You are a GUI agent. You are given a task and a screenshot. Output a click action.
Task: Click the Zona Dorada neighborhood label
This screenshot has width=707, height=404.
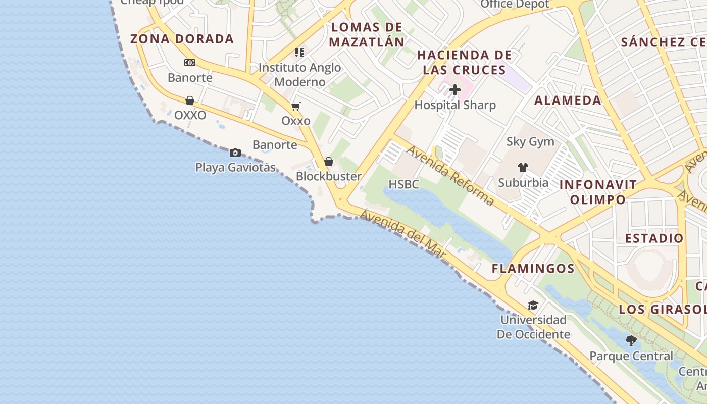coord(182,39)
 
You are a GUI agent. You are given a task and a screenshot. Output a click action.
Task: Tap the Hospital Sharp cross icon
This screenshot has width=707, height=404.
coord(455,90)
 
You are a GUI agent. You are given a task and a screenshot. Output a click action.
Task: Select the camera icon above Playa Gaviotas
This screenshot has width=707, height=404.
coord(235,153)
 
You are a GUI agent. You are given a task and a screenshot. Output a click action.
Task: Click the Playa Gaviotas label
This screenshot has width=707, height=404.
coord(236,167)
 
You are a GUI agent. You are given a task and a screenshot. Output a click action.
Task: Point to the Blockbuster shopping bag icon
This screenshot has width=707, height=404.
coord(329,162)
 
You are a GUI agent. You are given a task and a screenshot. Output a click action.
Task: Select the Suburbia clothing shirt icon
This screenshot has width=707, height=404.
coord(523,168)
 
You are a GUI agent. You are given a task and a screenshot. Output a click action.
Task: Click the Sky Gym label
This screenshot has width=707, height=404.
coord(530,142)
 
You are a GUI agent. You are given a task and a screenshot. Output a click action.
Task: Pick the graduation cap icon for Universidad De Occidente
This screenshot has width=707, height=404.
coord(533,305)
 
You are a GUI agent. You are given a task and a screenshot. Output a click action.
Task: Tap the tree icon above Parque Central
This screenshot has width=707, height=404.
coord(631,341)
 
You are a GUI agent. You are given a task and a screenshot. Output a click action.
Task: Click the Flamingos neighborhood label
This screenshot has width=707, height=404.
coord(533,269)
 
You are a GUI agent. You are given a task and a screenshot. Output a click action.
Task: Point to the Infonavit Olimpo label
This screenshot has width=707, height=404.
coord(598,192)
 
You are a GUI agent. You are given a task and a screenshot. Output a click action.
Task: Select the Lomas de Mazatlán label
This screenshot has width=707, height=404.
coord(367,34)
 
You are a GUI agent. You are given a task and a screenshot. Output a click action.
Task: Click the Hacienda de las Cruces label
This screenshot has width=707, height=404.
coord(465,62)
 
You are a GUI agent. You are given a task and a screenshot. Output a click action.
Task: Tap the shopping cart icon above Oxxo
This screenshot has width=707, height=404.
coord(296,106)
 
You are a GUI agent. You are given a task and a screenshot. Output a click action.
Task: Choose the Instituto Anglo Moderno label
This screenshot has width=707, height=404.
coord(300,75)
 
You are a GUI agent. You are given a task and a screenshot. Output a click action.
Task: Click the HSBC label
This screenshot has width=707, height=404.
coord(404,185)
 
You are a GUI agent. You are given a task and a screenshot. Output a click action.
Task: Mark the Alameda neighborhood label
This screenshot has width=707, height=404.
coord(568,100)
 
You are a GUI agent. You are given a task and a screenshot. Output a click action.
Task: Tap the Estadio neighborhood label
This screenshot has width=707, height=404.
coord(654,238)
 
